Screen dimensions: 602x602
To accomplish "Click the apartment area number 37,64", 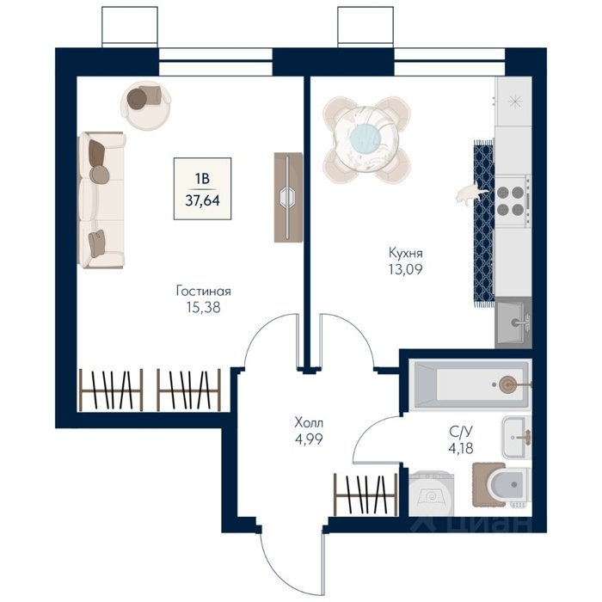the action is point(202,200).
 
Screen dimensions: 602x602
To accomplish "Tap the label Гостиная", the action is point(204,291).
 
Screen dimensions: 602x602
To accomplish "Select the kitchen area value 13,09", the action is point(405,269).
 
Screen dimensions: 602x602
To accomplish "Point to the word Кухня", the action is point(406,253).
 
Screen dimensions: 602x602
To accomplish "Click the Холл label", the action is point(309,423).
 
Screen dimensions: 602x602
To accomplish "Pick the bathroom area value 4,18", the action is point(461,448).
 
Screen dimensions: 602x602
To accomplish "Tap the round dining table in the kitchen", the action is point(366,139).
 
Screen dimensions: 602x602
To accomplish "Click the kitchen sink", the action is point(513,322).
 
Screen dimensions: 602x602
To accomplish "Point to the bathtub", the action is point(470,384).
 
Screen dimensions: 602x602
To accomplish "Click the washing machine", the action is point(431,494).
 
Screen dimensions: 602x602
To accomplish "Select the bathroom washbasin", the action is point(517,437).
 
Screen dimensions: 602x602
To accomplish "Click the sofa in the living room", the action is point(101,200).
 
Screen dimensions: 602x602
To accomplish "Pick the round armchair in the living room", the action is point(145,105).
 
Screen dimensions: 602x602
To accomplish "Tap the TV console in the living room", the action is point(288,197).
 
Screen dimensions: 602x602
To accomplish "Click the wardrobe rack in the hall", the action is point(365,494).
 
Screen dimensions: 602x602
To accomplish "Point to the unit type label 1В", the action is point(202,179).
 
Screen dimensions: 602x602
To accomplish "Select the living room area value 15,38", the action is point(204,307).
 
